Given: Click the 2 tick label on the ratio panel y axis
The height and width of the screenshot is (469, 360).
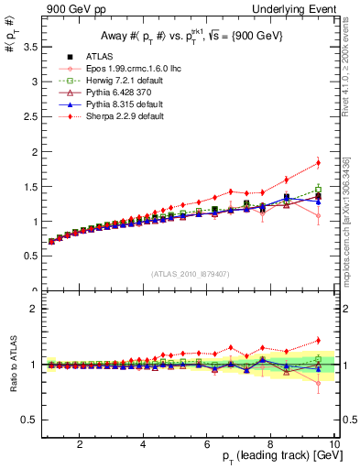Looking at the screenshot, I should pyautogui.click(x=32, y=309).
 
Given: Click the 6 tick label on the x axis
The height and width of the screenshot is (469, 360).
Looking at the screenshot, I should pyautogui.click(x=207, y=443).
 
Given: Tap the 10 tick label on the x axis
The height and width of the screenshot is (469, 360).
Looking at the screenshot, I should pyautogui.click(x=333, y=443).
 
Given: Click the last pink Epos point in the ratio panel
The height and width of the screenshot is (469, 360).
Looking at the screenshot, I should pyautogui.click(x=318, y=383).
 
